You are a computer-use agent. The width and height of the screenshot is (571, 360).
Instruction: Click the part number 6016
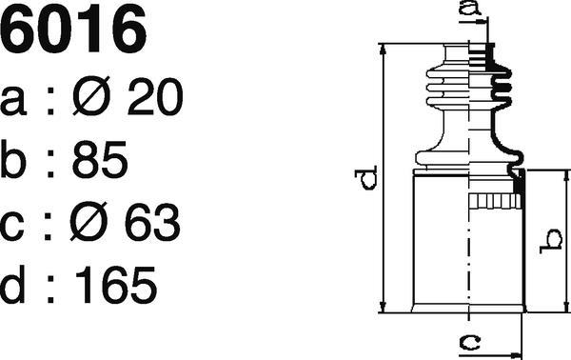[x=73, y=29]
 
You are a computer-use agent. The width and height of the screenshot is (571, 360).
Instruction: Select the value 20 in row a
[x=155, y=97]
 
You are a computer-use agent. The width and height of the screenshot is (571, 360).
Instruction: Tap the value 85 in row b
[x=100, y=159]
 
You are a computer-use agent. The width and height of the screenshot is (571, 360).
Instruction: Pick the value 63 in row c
[x=152, y=222]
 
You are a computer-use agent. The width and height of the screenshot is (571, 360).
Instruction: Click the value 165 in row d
[x=116, y=284]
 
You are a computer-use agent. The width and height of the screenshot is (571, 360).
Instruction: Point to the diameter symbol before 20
[x=91, y=96]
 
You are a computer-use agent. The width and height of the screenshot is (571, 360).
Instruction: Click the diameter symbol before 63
[x=89, y=221]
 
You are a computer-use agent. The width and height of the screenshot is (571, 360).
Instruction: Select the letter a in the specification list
[x=12, y=101]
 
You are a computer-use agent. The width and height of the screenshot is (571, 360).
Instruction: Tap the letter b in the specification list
[x=13, y=159]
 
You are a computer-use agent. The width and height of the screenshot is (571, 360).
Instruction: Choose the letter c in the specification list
[x=11, y=226]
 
